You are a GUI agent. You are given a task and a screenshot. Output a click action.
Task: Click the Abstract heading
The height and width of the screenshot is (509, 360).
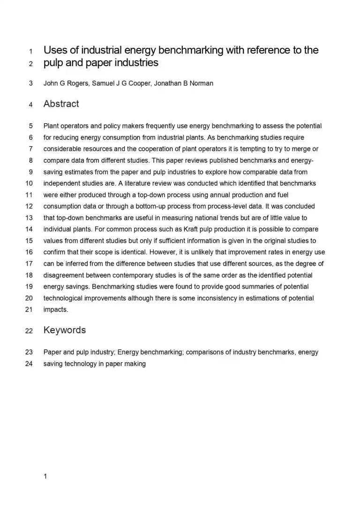pos(61,104)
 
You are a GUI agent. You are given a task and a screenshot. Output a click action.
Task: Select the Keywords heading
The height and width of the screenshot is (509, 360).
pos(64,330)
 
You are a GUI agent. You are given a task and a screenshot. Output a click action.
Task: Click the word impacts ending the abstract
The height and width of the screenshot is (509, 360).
pos(55,309)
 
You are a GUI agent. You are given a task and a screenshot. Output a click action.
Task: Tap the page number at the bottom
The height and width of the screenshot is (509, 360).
pos(45,477)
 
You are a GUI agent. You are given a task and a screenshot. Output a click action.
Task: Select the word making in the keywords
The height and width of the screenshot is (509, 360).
pos(135,364)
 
